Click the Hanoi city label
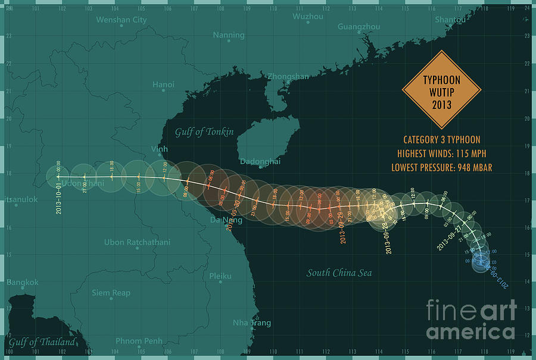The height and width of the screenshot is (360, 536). [x=163, y=84]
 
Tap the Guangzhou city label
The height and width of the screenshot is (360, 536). [x=359, y=27]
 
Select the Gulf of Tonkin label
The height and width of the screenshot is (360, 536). [x=204, y=132]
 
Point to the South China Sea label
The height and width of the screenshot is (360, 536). [x=339, y=273]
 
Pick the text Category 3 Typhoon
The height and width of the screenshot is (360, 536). [x=441, y=140]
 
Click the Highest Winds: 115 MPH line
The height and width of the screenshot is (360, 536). [x=441, y=154]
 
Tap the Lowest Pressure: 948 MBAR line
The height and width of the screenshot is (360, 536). [x=441, y=167]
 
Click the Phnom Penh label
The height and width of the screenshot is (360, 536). [x=139, y=341]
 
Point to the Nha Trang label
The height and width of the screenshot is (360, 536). [x=251, y=323]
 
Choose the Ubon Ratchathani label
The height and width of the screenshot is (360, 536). [x=137, y=242]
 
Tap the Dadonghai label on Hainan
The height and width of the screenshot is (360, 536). [x=260, y=161]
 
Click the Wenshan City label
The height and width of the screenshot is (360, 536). [x=121, y=20]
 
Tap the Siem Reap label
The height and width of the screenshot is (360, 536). [x=111, y=293]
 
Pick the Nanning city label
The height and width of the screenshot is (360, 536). [x=229, y=35]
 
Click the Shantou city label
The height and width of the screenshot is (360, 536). [x=450, y=20]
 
